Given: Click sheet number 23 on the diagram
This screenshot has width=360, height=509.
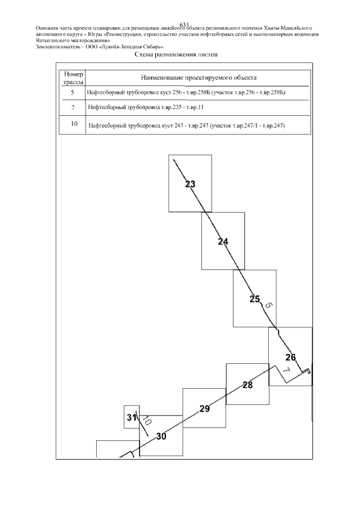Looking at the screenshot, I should click(190, 184).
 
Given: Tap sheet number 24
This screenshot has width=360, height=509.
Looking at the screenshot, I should click(223, 242).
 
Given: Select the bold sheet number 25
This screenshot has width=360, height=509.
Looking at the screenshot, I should click(255, 299).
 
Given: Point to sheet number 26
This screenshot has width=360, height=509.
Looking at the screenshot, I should click(290, 357).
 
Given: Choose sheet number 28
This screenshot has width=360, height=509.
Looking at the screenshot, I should click(247, 385).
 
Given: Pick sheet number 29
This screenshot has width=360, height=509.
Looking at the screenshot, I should click(205, 409).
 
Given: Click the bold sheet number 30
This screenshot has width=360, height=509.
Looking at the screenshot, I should click(161, 436).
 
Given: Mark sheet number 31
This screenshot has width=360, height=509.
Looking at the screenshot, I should click(131, 417).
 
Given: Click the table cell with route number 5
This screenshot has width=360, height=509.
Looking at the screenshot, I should click(73, 92).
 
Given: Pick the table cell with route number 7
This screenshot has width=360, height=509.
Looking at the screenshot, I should click(73, 107).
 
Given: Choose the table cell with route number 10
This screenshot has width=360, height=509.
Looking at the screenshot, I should click(73, 124).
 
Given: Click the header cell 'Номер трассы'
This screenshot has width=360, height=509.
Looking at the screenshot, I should click(73, 78).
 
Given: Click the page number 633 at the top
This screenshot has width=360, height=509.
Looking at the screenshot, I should click(183, 24).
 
